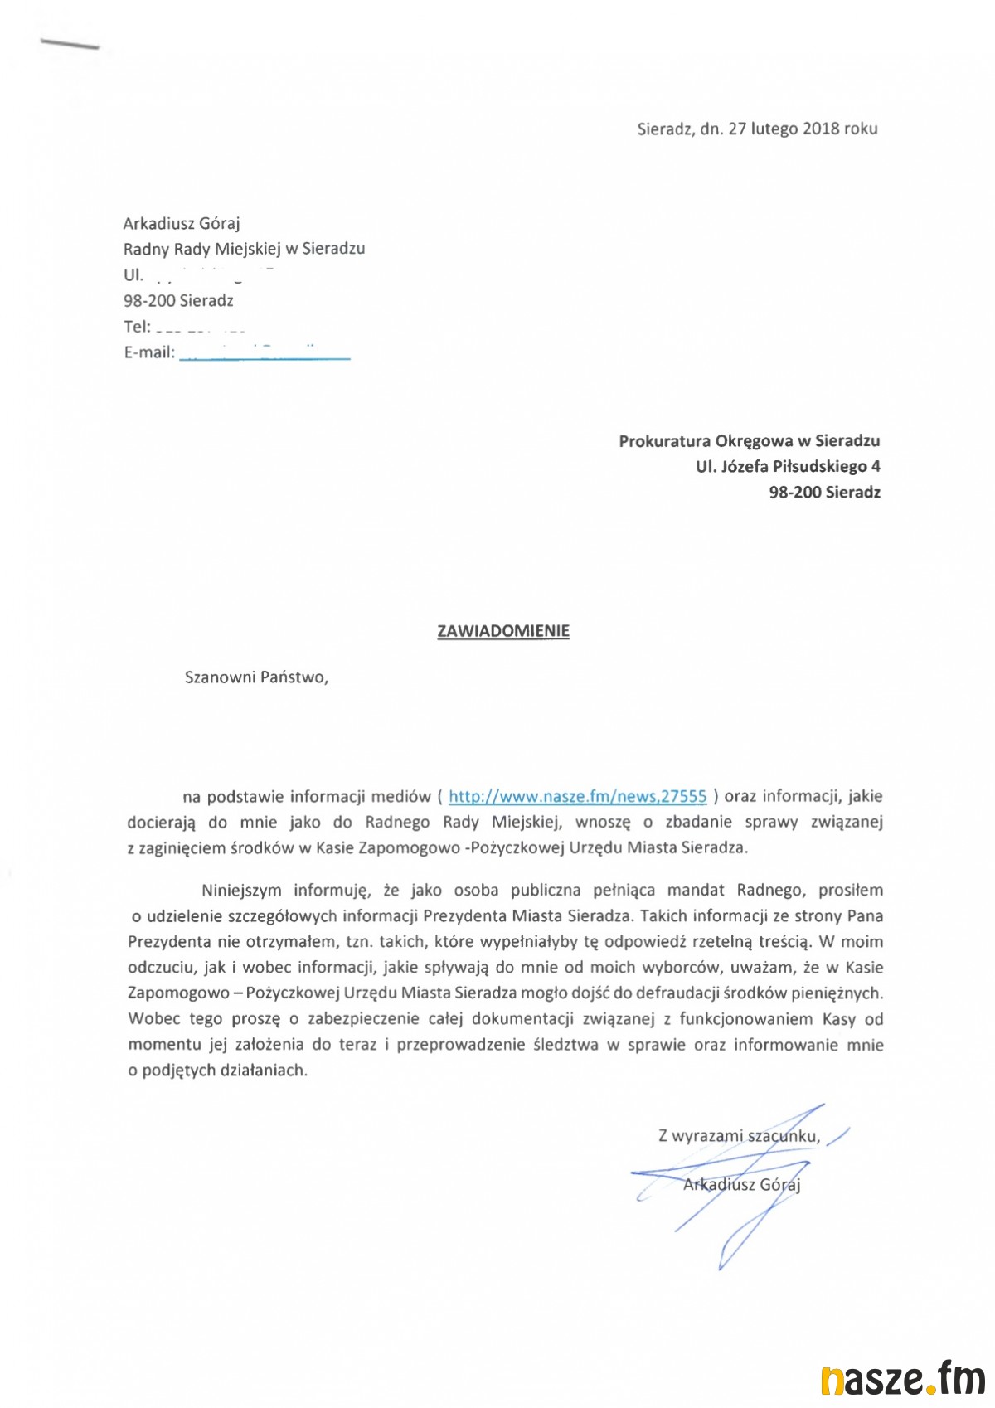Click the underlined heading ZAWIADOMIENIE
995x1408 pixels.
tap(503, 631)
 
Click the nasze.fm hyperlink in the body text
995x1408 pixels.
tap(577, 797)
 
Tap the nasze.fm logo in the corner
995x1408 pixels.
tap(902, 1379)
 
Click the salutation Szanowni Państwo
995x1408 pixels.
tap(256, 677)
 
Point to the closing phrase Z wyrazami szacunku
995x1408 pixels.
tap(739, 1136)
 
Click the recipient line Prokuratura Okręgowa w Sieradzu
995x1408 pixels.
tap(749, 441)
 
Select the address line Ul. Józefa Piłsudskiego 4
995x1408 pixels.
tap(788, 467)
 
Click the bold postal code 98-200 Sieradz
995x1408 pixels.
tap(824, 493)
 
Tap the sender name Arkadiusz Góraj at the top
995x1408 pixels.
tap(182, 223)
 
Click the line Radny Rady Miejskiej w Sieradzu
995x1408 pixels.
tap(244, 249)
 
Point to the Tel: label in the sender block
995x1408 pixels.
tap(137, 327)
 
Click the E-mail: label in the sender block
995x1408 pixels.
tap(149, 352)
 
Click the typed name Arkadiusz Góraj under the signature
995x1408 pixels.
tap(741, 1184)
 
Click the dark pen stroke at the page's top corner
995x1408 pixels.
tap(70, 44)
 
